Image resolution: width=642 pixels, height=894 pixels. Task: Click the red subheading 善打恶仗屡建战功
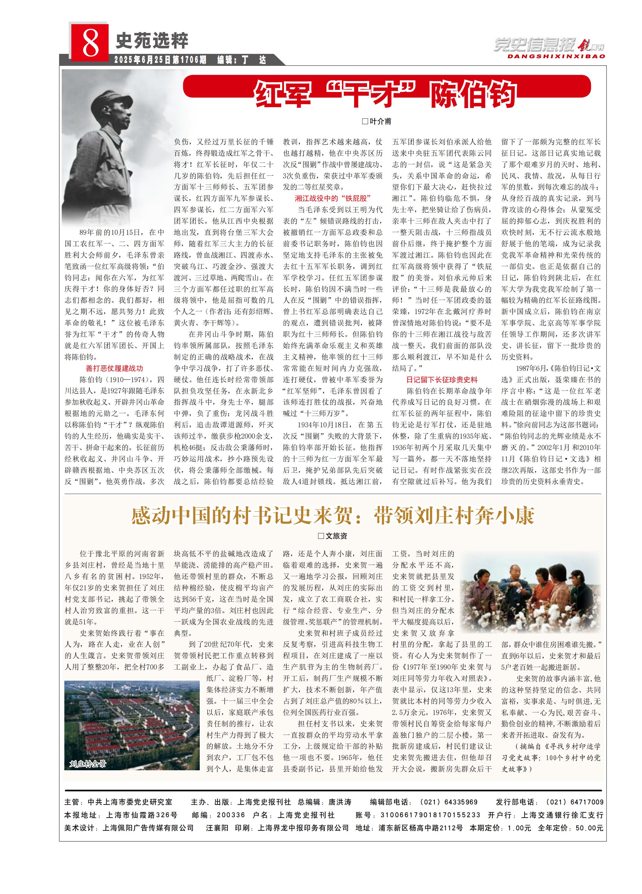(114, 368)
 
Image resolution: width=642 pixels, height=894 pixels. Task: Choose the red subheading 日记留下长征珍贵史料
(442, 380)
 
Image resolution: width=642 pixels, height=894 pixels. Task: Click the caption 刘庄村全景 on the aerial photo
(88, 764)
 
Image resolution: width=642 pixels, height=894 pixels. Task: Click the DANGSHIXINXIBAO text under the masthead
(556, 56)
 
